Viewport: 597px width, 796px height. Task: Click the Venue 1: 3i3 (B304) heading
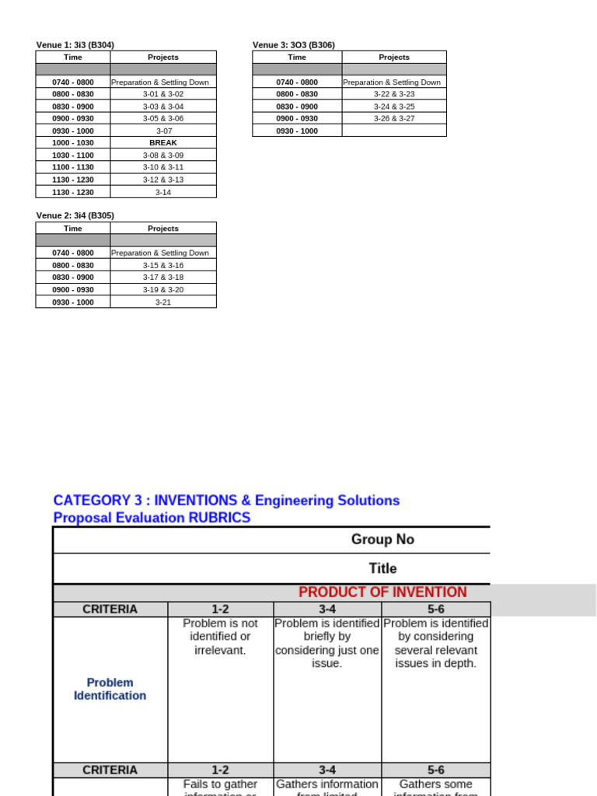[x=75, y=45]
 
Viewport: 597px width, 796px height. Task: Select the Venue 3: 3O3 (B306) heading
[x=294, y=45]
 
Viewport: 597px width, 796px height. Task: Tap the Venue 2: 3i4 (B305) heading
[x=75, y=216]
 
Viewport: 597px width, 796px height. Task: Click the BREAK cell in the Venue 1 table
[x=163, y=143]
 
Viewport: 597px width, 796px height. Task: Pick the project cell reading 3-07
[x=163, y=131]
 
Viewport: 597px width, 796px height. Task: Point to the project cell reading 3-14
[x=163, y=192]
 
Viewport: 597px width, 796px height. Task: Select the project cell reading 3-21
[x=163, y=302]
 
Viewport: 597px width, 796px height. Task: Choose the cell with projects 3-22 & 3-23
[x=394, y=94]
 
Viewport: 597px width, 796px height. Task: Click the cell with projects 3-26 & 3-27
[x=394, y=118]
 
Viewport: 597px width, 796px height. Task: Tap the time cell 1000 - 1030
[x=73, y=143]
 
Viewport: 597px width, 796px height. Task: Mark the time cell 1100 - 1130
[x=73, y=167]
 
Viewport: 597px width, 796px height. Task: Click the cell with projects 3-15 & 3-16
[x=163, y=265]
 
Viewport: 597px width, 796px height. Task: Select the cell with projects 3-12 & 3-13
[x=163, y=180]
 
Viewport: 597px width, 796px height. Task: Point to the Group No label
[x=382, y=539]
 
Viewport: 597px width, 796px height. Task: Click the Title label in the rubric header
[x=382, y=568]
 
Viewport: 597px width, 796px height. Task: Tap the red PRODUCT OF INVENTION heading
[x=382, y=592]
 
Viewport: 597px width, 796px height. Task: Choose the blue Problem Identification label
[x=110, y=689]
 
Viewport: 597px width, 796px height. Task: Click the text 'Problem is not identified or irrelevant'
[x=220, y=637]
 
